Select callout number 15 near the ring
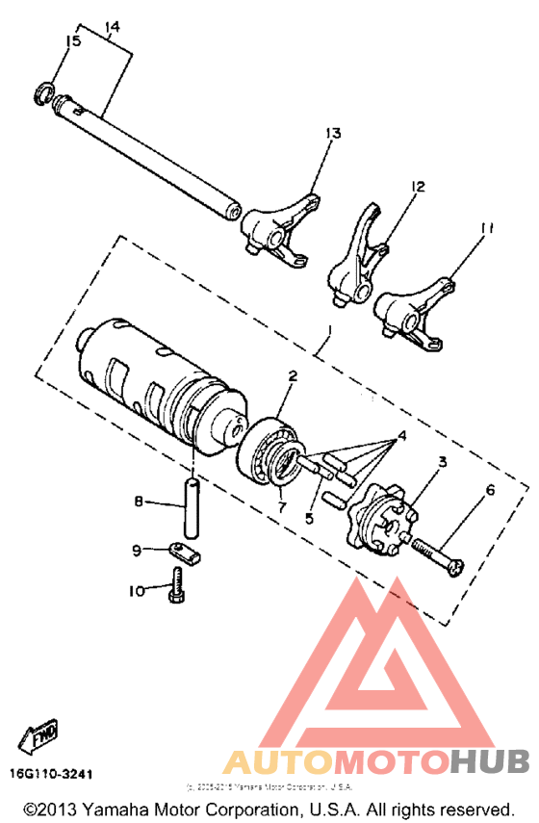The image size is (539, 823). click(x=72, y=40)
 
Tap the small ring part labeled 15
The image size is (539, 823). click(x=43, y=91)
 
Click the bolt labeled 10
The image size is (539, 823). click(x=177, y=586)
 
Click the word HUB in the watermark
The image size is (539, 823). click(x=494, y=764)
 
